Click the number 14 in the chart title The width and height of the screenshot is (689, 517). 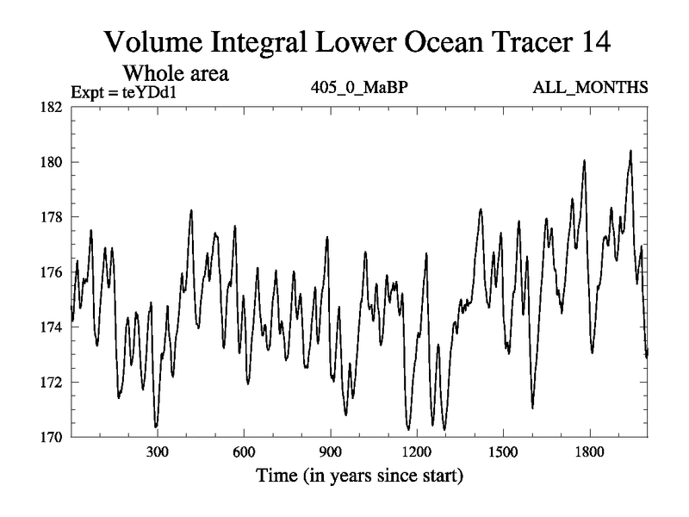pos(593,41)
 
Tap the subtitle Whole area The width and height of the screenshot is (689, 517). pos(177,72)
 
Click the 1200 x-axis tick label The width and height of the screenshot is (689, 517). pos(417,452)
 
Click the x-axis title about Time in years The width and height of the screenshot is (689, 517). pos(359,476)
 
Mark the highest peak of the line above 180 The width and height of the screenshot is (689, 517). pos(630,151)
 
